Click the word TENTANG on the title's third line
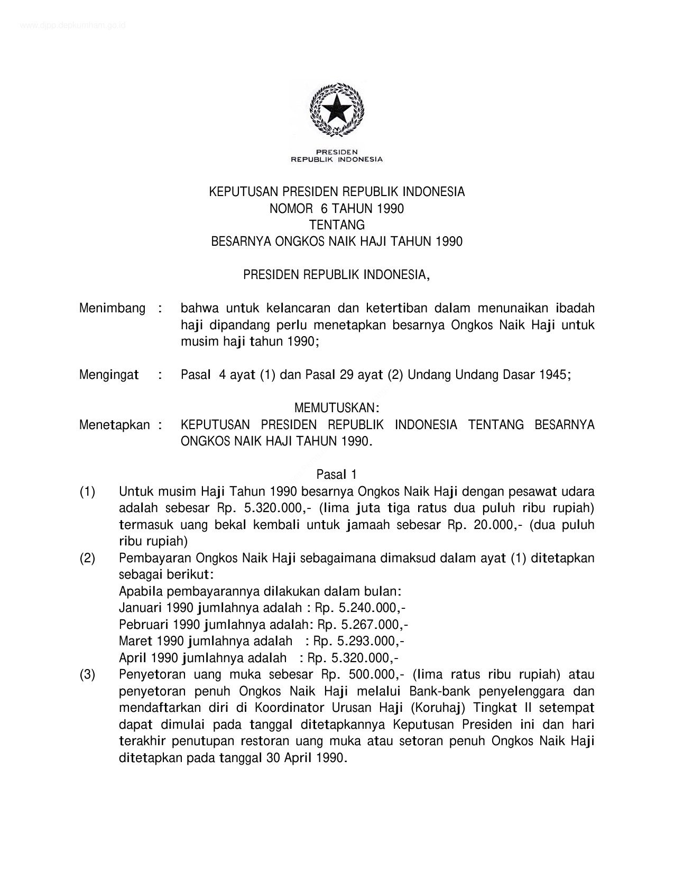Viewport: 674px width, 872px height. [337, 225]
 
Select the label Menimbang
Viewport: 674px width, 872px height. [112, 308]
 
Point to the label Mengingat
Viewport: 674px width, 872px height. [109, 375]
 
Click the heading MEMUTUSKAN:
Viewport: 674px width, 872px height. [337, 408]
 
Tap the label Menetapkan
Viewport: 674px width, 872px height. [114, 425]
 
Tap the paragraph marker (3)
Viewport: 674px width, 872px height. [87, 675]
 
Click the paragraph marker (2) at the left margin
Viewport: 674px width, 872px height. [87, 558]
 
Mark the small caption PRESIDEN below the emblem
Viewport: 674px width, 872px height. [337, 152]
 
